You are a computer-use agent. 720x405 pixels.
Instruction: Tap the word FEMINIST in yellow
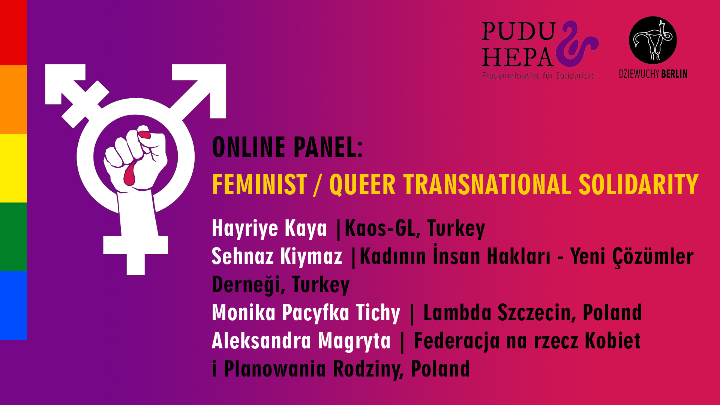[x=259, y=184]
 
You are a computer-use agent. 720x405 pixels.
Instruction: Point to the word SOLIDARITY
[x=638, y=184]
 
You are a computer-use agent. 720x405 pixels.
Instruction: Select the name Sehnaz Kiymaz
[x=277, y=256]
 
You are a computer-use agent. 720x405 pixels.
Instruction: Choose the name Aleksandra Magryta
[x=301, y=341]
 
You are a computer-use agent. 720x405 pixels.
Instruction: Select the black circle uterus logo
[x=653, y=40]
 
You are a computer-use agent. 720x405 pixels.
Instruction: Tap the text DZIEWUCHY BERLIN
[x=653, y=74]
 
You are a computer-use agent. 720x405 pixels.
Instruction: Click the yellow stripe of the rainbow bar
[x=13, y=168]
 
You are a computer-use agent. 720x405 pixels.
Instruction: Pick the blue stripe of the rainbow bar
[x=13, y=305]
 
